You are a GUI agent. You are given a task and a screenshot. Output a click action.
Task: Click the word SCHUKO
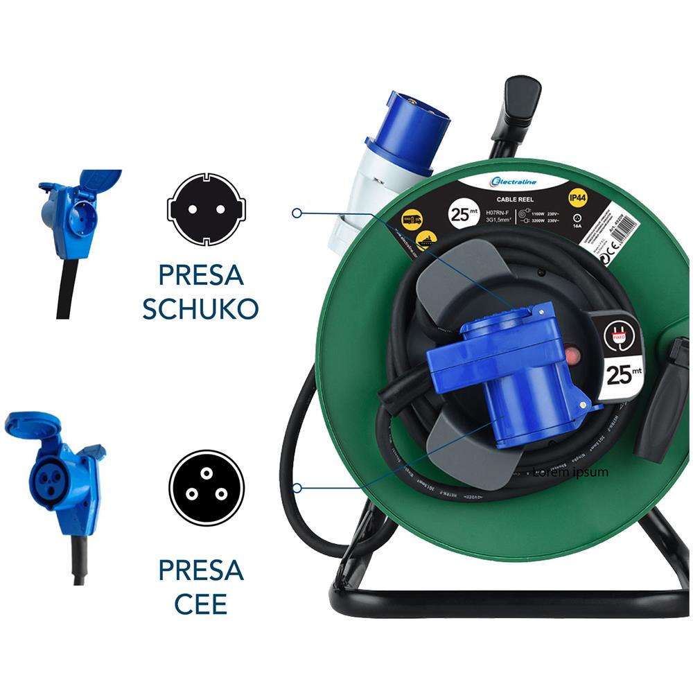(x=200, y=308)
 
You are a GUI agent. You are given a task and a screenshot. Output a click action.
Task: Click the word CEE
(x=200, y=603)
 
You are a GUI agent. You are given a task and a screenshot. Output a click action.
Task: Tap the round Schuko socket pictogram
(x=207, y=209)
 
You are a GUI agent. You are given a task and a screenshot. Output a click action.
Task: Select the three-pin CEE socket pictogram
(x=207, y=488)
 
